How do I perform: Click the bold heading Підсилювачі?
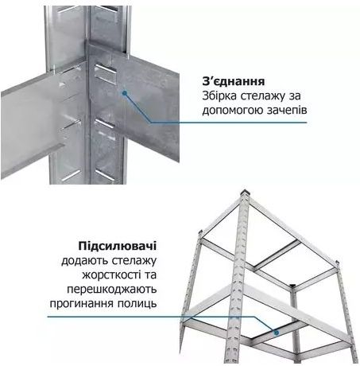114,245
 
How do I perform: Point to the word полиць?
140,305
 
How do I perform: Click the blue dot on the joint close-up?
124,92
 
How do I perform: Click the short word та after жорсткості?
151,274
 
